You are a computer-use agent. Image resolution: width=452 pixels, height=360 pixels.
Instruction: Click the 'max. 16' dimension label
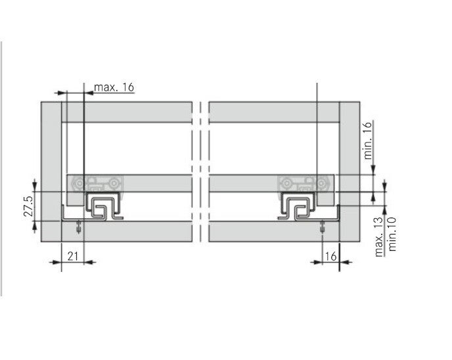(114, 87)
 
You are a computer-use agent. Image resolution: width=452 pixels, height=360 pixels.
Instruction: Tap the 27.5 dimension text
(28, 207)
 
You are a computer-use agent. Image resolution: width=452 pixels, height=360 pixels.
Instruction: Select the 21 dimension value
(73, 256)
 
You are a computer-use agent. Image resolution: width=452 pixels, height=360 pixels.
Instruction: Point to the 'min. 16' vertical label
(368, 141)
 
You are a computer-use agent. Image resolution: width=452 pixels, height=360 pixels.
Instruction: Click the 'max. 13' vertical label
(379, 236)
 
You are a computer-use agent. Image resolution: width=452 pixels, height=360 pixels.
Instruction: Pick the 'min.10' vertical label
(392, 234)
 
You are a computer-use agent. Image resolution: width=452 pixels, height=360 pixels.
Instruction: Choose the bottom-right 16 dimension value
(330, 256)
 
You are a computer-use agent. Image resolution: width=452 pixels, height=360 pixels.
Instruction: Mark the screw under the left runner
(78, 227)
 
